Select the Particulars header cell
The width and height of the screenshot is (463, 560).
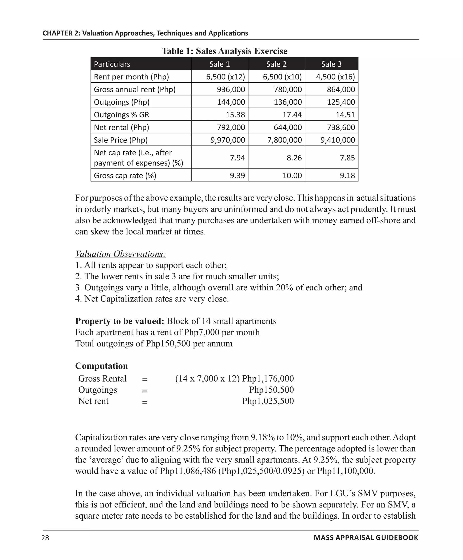click(x=112, y=64)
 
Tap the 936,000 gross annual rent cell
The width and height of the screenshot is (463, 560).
click(x=231, y=89)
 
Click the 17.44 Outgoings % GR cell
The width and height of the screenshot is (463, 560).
click(x=292, y=115)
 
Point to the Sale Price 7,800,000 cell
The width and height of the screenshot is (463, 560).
click(x=284, y=140)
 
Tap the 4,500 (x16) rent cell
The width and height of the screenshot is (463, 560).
click(x=335, y=77)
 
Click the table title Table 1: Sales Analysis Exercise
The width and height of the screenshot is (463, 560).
click(x=224, y=51)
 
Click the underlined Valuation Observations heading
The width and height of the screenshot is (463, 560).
click(x=120, y=254)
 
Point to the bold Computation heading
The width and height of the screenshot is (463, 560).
click(x=101, y=365)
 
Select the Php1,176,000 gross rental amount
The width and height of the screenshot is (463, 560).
click(x=268, y=378)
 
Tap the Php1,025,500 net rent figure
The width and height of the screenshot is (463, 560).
click(x=268, y=401)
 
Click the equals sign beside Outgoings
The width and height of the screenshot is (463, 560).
click(x=144, y=391)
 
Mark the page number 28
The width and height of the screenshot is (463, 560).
click(x=45, y=538)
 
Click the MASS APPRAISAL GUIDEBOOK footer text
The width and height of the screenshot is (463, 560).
click(x=366, y=538)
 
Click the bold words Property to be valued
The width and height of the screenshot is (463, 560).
click(x=120, y=321)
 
